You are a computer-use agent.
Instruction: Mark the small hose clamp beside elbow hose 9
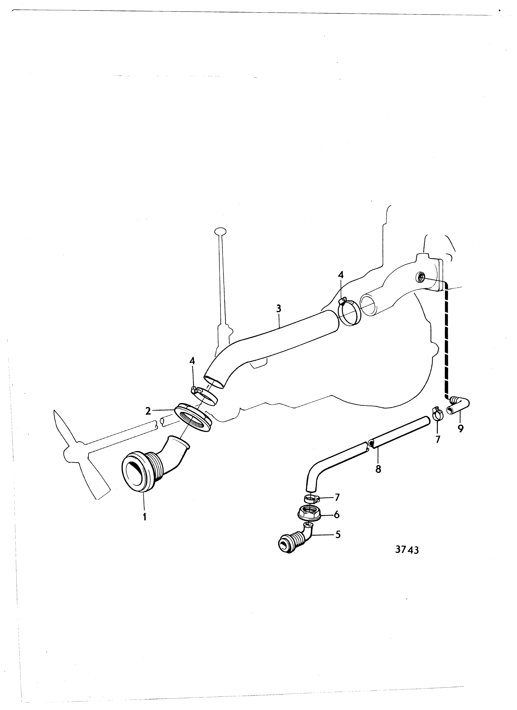437,414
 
